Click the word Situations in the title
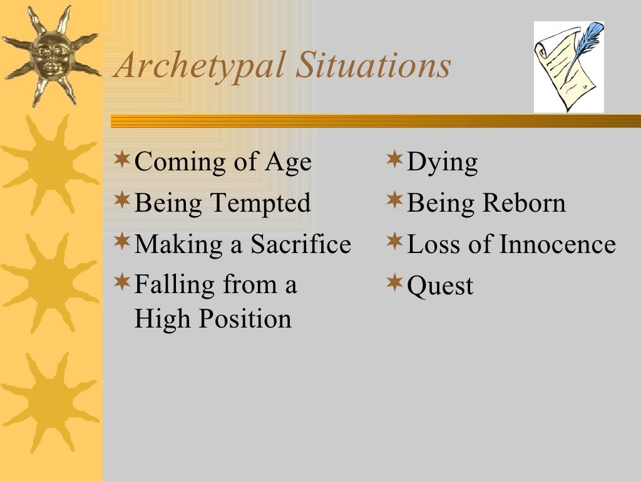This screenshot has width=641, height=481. (373, 65)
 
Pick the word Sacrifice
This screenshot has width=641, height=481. (301, 244)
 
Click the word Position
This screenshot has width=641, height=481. (245, 319)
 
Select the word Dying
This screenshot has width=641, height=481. (442, 163)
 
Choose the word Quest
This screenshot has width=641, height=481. (440, 287)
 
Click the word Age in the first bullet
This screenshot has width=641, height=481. (288, 163)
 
